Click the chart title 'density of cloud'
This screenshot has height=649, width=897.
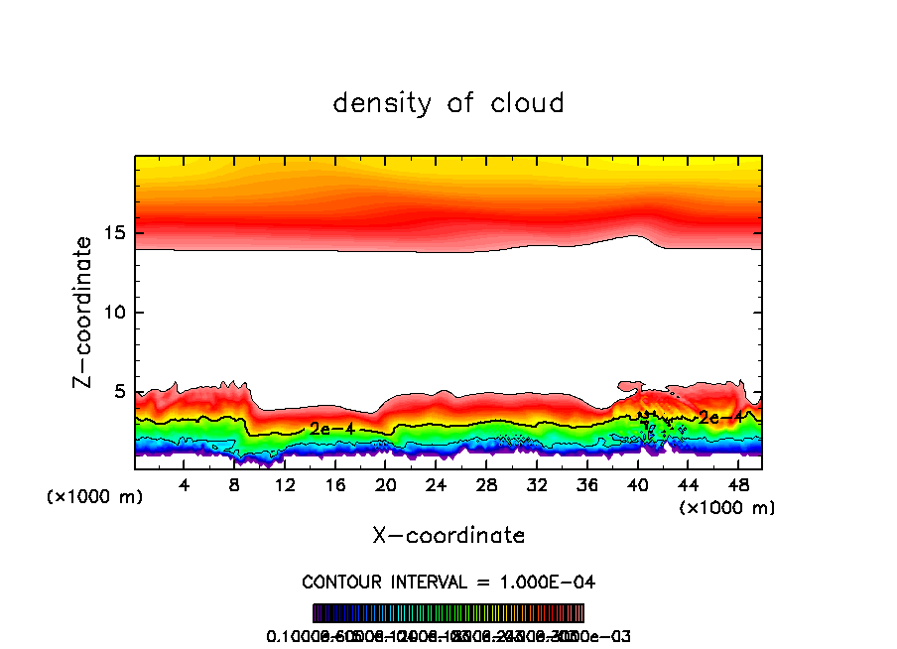click(448, 103)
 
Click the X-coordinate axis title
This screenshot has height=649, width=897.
click(448, 536)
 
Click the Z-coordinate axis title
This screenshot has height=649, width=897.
click(85, 312)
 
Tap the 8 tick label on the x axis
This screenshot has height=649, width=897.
click(234, 484)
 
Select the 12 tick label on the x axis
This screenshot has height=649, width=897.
click(285, 484)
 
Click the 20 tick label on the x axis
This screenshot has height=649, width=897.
click(386, 484)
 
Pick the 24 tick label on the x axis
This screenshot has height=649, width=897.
click(437, 484)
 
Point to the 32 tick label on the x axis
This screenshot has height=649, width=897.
click(537, 484)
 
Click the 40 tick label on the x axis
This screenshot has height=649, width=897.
click(637, 484)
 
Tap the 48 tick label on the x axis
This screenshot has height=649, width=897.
click(737, 484)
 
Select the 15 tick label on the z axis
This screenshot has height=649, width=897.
click(114, 234)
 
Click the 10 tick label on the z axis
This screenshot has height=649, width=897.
click(114, 313)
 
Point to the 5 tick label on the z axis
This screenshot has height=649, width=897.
click(120, 391)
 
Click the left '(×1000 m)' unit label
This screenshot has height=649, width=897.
click(95, 497)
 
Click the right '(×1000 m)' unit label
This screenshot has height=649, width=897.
click(727, 508)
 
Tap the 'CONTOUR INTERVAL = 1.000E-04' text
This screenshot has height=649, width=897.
click(448, 582)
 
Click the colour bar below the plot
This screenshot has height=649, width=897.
click(448, 613)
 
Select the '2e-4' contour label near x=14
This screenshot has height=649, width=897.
click(327, 429)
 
